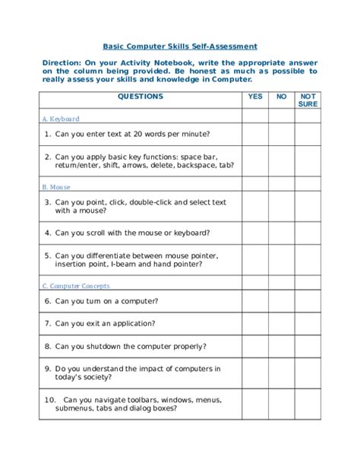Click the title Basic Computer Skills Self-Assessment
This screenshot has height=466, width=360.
point(180,46)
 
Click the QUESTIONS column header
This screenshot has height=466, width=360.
point(141,97)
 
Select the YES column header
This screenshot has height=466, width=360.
point(255,97)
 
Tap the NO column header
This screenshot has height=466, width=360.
point(281,97)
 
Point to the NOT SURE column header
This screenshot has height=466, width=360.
point(308,100)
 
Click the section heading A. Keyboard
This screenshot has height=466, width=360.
point(61,119)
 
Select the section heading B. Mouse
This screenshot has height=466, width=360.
point(56,186)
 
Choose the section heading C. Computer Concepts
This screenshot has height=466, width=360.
point(75,286)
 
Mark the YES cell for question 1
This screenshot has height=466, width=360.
point(255,135)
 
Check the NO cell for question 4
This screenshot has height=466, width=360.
point(281,233)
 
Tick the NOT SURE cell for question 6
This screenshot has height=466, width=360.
point(308,301)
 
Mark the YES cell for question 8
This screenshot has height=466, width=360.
point(255,346)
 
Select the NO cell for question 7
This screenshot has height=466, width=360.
point(281,323)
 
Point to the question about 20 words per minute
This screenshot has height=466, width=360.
point(125,135)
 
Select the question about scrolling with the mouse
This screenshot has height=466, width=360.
point(133,233)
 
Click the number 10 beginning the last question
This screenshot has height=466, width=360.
point(49,398)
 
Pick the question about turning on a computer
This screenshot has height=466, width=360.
point(106,301)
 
